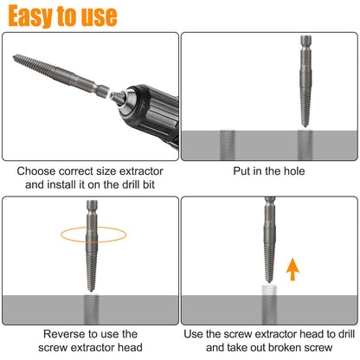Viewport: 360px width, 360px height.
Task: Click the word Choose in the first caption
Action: click(x=37, y=170)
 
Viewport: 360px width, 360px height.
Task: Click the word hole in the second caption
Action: click(x=292, y=170)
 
